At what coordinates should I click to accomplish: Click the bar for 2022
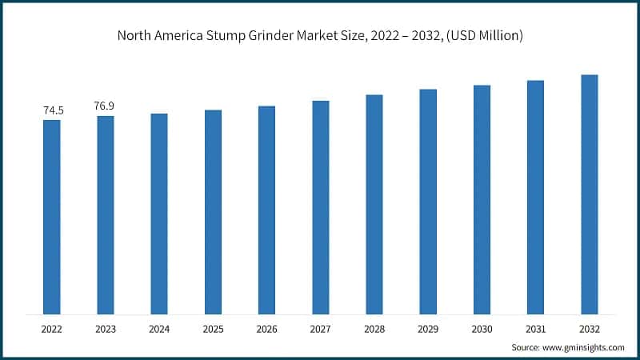[52, 216]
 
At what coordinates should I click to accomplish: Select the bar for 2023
[106, 214]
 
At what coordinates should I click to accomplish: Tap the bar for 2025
[213, 211]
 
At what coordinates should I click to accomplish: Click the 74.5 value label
[52, 111]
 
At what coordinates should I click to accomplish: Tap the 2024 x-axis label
[159, 328]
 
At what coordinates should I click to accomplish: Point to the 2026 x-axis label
[266, 328]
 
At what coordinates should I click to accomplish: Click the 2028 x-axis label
[374, 328]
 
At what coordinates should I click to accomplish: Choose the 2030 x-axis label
[482, 328]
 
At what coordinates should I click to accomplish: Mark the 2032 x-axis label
[590, 328]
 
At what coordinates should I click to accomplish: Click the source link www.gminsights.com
[585, 348]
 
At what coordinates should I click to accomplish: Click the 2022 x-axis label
[52, 328]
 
